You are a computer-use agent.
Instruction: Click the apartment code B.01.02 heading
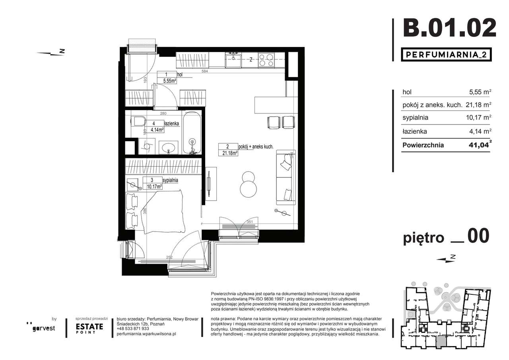pyautogui.click(x=449, y=27)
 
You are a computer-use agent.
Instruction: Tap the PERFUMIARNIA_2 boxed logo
pyautogui.click(x=445, y=54)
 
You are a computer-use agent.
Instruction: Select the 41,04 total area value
pyautogui.click(x=479, y=145)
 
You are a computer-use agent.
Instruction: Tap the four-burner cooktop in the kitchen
pyautogui.click(x=266, y=60)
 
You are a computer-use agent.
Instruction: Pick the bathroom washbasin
pyautogui.click(x=169, y=147)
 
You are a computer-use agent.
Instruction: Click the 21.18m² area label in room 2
pyautogui.click(x=228, y=153)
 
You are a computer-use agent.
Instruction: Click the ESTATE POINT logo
pyautogui.click(x=89, y=328)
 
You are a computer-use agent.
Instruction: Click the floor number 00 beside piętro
pyautogui.click(x=478, y=237)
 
